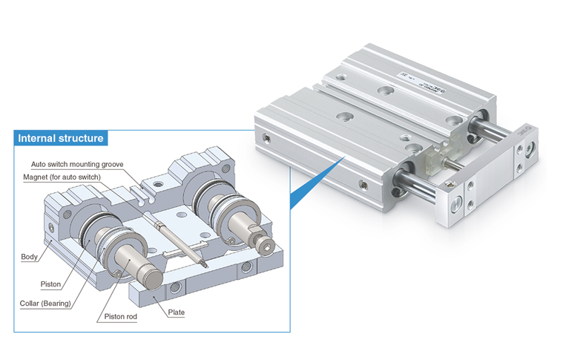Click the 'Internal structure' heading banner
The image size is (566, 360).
(61, 138)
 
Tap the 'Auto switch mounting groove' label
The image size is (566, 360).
(76, 164)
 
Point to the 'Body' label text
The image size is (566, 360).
(29, 257)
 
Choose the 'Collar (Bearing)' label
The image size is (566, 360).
(46, 302)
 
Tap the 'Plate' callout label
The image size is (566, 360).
(176, 312)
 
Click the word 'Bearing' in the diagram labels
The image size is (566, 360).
(60, 302)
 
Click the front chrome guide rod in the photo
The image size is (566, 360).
(423, 186)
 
